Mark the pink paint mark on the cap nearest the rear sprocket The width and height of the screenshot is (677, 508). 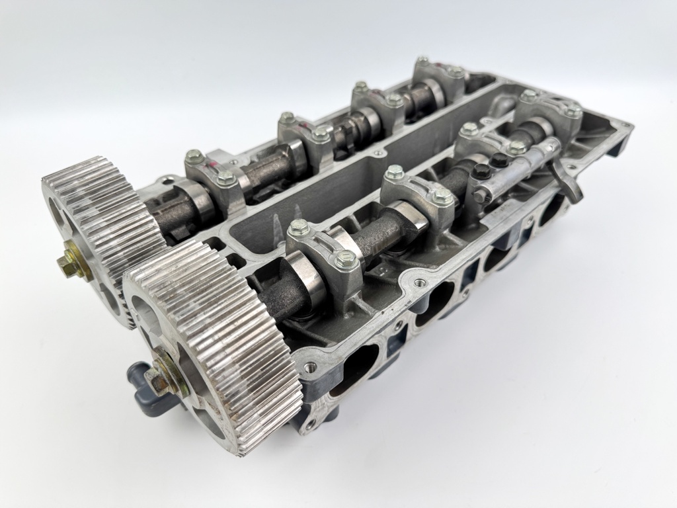[x=216, y=161]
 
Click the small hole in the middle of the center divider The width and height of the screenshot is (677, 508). [x=378, y=153]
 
